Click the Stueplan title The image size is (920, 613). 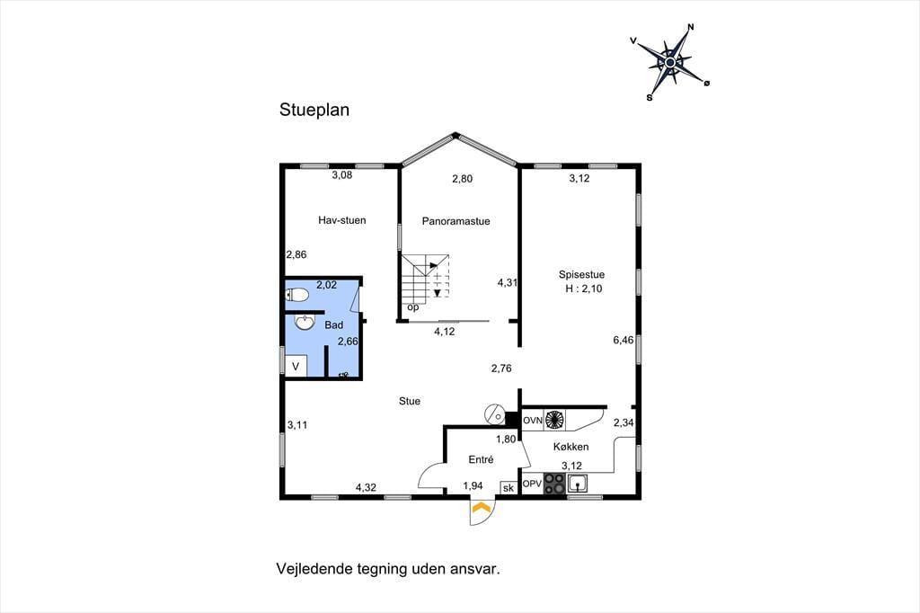coord(314,110)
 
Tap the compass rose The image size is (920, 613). coord(670,62)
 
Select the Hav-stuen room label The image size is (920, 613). coord(342,220)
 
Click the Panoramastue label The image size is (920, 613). coord(456,221)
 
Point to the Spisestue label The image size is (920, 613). coord(581,274)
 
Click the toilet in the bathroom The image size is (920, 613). coord(296,294)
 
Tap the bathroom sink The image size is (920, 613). coord(305,322)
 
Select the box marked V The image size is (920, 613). coord(296,367)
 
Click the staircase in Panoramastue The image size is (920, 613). coord(425,277)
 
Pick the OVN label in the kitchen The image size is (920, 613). coord(533,421)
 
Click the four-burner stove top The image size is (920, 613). coord(554,484)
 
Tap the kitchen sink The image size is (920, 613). coord(578,484)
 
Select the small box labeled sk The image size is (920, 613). coord(509,488)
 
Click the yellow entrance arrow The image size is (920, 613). coord(482,508)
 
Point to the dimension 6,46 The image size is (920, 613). coord(624,340)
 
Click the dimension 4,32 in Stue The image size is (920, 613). coord(367,487)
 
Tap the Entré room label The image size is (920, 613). coord(482,460)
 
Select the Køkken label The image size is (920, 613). coord(571,447)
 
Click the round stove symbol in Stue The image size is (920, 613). coord(494,414)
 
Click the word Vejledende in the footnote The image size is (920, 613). coord(312,569)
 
